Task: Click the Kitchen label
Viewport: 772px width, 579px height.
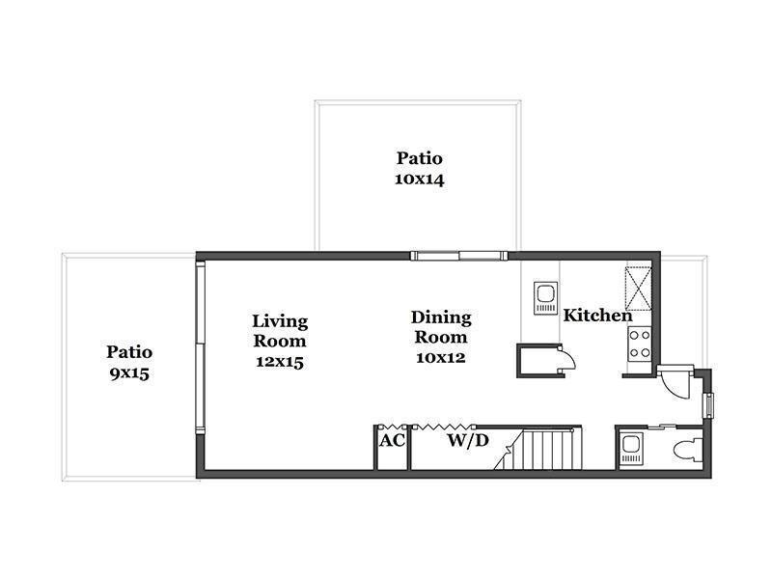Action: coord(597,316)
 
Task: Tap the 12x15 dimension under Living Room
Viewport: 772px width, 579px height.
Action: coord(280,362)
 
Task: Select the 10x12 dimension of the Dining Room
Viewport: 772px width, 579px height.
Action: coord(441,357)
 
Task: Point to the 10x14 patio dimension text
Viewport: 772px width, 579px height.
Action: coord(420,179)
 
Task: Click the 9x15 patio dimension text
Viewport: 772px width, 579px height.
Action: coord(129,373)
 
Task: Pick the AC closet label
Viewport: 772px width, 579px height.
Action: coord(392,440)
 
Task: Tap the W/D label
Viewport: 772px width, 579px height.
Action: coord(468,440)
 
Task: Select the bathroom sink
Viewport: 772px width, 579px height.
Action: coord(631,448)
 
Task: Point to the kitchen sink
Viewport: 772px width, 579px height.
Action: coord(546,297)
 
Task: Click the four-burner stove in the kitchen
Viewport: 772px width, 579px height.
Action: coord(640,345)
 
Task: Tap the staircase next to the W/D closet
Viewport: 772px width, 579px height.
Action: coord(540,449)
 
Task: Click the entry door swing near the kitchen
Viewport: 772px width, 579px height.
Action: coord(675,381)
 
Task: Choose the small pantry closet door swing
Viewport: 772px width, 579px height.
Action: coord(567,357)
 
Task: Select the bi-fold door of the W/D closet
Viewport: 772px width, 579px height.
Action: coord(444,427)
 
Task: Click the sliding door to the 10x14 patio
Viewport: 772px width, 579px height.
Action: coord(459,256)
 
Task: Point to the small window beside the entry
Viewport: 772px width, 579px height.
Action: coord(709,405)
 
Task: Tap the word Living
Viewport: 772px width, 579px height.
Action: coord(280,322)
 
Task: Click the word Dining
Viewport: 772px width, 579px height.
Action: coord(441,318)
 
